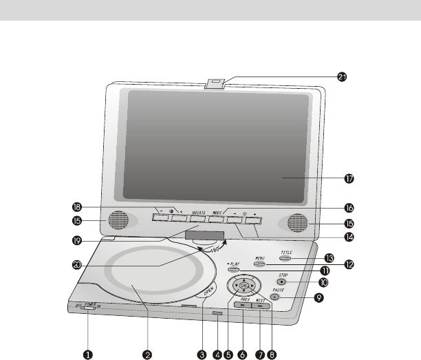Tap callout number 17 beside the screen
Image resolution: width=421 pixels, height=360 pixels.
click(349, 178)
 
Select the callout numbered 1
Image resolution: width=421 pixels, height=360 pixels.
click(88, 354)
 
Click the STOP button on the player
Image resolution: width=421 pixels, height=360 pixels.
click(282, 282)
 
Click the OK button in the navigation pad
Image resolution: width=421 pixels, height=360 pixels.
click(244, 286)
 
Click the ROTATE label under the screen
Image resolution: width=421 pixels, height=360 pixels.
click(199, 213)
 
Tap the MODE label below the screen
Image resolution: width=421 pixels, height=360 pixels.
click(220, 212)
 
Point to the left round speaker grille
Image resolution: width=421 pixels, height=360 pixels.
click(117, 221)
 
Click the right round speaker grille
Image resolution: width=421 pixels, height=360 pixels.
click(298, 222)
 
